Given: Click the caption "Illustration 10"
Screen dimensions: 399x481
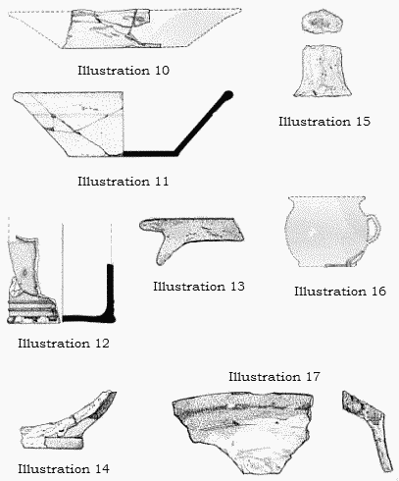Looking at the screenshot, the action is point(124,71).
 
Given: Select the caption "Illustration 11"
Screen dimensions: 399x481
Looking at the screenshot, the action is point(124,182).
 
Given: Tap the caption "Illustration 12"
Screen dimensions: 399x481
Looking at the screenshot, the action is point(64,344).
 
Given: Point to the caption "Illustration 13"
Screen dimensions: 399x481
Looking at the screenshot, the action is point(199,287).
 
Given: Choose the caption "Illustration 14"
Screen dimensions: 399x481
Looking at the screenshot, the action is point(64,469).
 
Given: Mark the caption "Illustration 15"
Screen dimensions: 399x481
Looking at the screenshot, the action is point(324,122).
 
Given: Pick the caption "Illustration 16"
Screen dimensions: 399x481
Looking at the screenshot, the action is point(340,292).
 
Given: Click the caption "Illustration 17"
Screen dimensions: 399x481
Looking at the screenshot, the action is point(274,377).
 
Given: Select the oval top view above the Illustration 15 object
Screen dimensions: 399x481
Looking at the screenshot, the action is point(322,21).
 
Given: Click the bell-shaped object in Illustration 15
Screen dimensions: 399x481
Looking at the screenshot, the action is point(323,71).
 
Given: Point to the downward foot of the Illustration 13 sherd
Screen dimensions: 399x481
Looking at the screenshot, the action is point(165,250).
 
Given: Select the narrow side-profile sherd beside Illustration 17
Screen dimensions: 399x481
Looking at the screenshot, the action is point(368,431).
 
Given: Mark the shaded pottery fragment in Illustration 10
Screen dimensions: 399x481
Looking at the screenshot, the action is point(111,28).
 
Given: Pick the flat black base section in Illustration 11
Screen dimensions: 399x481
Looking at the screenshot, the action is point(150,153).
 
